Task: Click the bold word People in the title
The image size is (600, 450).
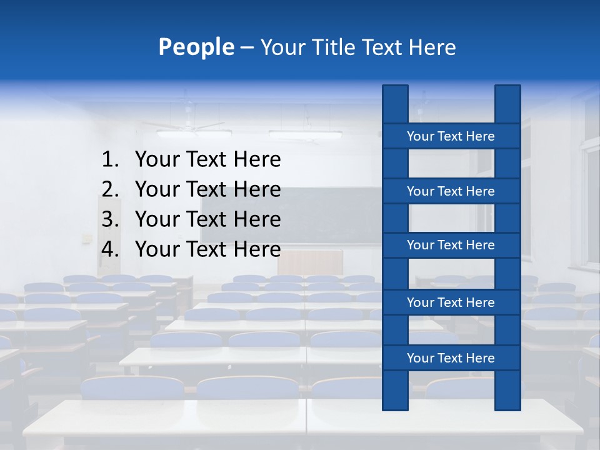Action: (x=196, y=47)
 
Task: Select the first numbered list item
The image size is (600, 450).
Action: (x=207, y=159)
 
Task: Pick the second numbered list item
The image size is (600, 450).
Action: (x=207, y=189)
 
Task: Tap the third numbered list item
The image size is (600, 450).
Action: (x=207, y=219)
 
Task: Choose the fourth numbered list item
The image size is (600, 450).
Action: (x=207, y=249)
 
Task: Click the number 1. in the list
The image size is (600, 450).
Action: (x=110, y=159)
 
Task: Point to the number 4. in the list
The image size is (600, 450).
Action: (x=110, y=249)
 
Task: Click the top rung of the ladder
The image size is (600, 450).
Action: (x=451, y=136)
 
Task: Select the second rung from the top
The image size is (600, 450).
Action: (x=451, y=191)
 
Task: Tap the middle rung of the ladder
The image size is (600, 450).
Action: (x=451, y=245)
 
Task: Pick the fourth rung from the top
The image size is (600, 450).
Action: (x=451, y=302)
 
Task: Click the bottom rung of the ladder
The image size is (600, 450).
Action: (x=451, y=358)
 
